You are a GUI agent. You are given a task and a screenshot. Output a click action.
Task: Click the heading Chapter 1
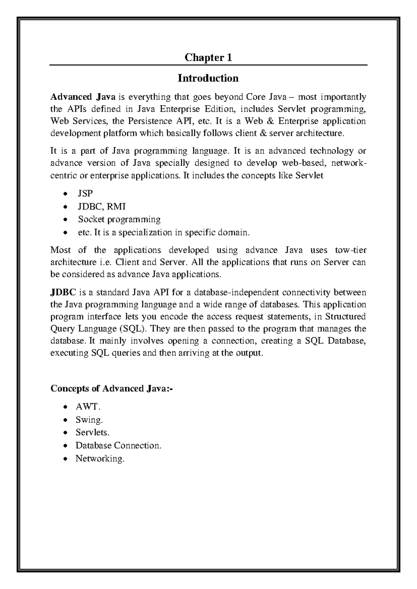click(208, 58)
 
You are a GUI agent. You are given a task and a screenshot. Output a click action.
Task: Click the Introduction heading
click(208, 78)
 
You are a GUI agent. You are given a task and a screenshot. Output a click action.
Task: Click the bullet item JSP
click(85, 193)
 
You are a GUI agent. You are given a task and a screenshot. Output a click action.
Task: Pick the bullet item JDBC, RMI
click(101, 207)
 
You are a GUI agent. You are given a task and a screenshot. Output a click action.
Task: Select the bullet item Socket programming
click(119, 219)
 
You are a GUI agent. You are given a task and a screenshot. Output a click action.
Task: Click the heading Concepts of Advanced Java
click(111, 388)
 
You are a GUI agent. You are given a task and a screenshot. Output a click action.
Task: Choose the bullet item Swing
click(89, 420)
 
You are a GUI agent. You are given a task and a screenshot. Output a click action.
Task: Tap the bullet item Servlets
click(92, 432)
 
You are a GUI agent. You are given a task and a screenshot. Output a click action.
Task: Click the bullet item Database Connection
click(118, 446)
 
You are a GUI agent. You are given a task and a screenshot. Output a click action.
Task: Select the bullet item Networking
click(100, 458)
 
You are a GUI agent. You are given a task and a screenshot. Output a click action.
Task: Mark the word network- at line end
click(349, 163)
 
